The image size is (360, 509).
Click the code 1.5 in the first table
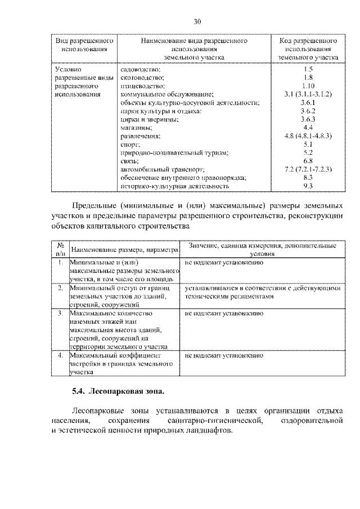pos(307,69)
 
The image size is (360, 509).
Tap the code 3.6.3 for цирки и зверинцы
pos(307,119)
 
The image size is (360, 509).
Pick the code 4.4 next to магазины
pos(307,128)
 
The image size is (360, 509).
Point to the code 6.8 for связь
pos(307,161)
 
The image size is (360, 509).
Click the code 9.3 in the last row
pos(307,186)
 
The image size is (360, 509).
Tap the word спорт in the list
pos(129,145)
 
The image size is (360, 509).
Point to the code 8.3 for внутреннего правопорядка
pos(307,177)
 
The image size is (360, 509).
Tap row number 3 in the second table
pos(60,312)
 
